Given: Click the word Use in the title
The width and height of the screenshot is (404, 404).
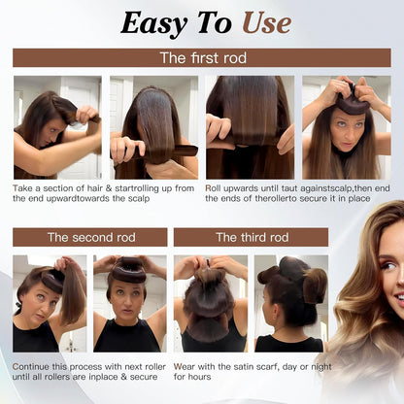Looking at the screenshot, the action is tap(267, 23).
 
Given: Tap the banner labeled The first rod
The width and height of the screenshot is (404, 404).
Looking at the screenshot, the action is tap(202, 58).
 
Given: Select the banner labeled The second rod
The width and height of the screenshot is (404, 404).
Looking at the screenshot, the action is tap(90, 237).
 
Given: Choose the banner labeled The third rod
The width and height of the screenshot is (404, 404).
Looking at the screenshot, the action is tap(251, 237).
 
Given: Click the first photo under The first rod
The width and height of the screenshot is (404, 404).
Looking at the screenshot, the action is tap(57, 127).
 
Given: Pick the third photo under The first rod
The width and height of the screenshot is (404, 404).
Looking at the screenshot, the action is tap(250, 127).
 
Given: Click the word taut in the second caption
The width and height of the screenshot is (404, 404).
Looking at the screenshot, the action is tap(289, 188).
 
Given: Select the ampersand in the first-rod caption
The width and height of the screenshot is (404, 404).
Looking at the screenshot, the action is tap(109, 188).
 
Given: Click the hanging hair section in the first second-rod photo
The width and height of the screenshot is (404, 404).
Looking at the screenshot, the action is tap(72, 295).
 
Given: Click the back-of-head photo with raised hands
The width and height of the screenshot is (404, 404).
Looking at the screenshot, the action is tap(211, 304).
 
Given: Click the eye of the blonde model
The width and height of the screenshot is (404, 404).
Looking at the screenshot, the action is tap(387, 266).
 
